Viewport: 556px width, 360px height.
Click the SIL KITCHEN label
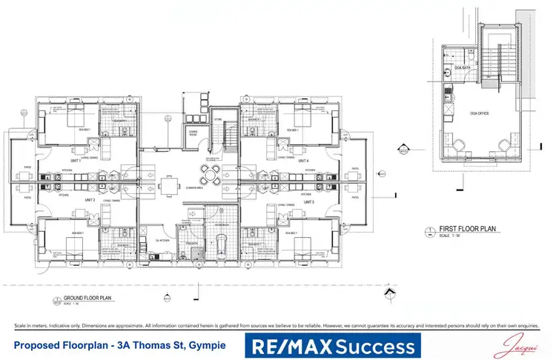pyautogui.click(x=165, y=241)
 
